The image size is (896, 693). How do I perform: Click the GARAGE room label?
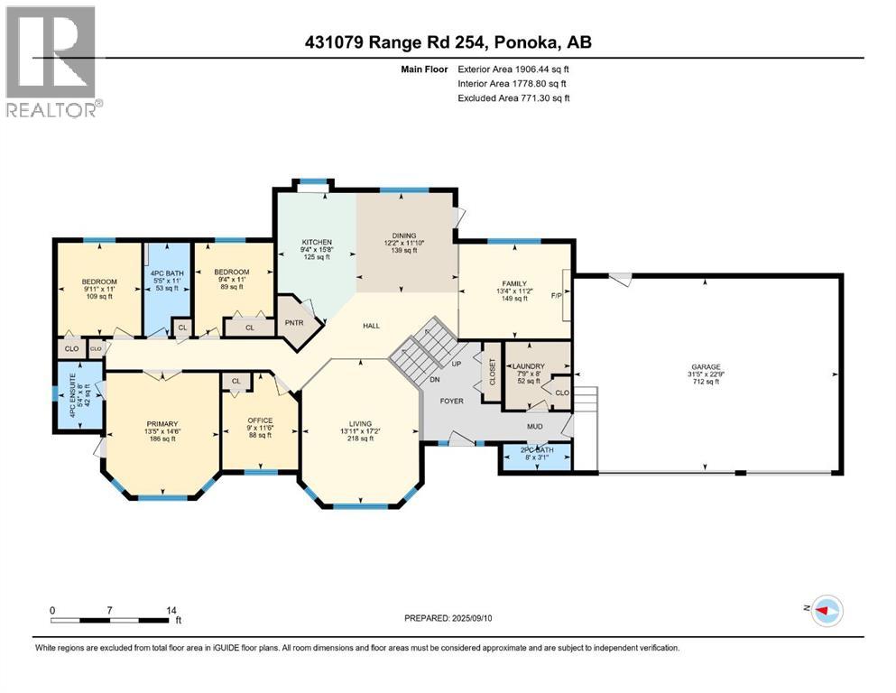(706, 367)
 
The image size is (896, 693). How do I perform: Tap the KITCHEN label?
(317, 242)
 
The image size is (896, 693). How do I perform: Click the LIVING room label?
(360, 423)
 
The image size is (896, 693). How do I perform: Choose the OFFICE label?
(259, 421)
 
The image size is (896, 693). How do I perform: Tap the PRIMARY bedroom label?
(162, 423)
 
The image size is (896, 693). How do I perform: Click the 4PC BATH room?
(166, 279)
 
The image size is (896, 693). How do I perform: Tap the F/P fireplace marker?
(559, 294)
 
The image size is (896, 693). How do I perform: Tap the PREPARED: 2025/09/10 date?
(448, 618)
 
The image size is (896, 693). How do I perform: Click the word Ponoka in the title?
(536, 42)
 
